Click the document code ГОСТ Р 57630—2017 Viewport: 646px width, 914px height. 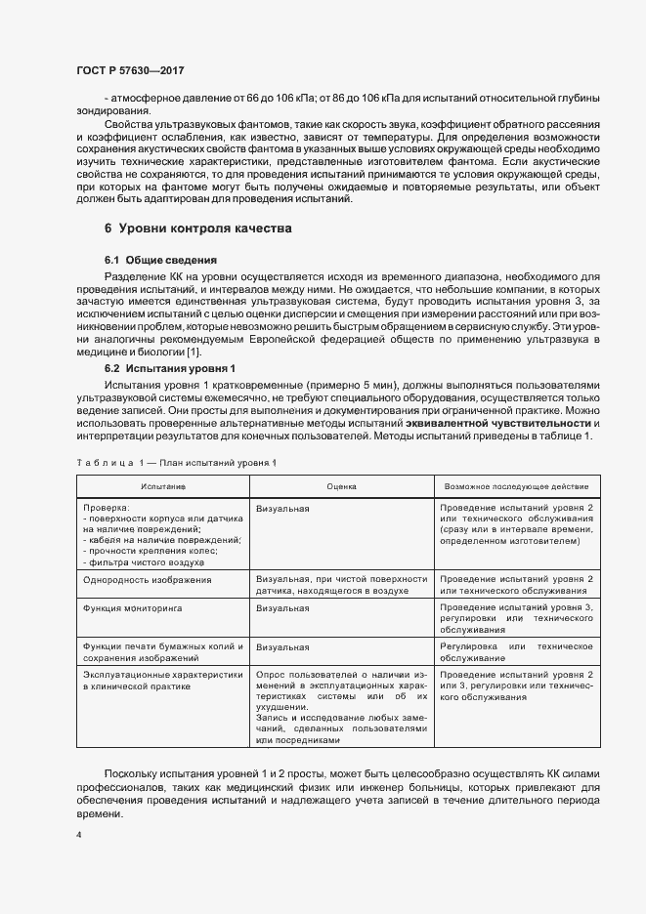point(129,71)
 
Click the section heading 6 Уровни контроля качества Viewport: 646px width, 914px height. point(197,228)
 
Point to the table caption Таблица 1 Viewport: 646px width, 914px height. point(177,461)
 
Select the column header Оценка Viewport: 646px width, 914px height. point(341,485)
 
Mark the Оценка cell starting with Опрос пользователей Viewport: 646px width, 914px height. point(341,708)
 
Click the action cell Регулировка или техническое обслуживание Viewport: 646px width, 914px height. point(517,653)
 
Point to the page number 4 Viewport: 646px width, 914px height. point(79,836)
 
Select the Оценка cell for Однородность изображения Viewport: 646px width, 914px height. point(341,586)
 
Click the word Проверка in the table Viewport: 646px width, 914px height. point(106,509)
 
